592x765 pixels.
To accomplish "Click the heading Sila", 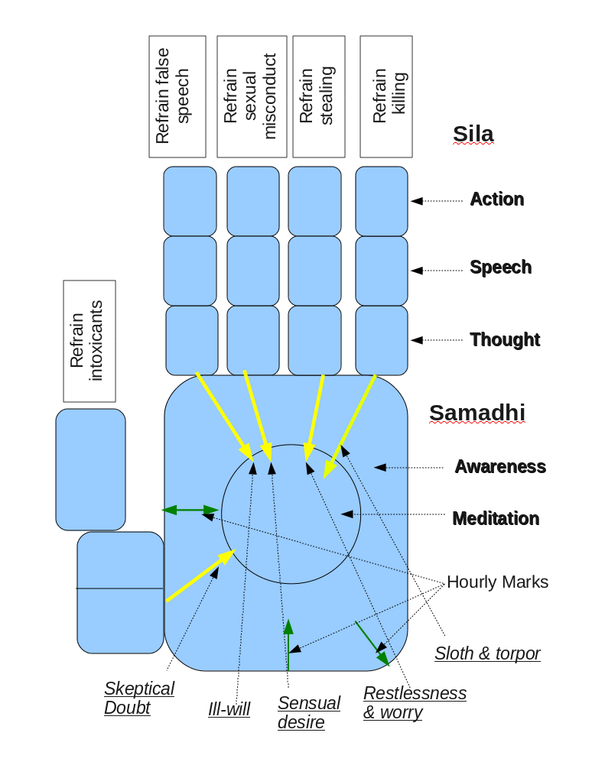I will click(x=473, y=135).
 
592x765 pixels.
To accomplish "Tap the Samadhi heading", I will click(x=477, y=413).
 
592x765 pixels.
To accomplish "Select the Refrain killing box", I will click(x=386, y=96).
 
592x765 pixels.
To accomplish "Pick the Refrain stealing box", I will click(x=316, y=96).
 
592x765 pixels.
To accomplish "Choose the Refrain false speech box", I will click(x=177, y=96).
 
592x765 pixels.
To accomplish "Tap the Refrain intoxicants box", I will click(x=89, y=341).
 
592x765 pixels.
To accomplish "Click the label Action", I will click(x=496, y=199).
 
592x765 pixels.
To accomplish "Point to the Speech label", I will click(x=500, y=267).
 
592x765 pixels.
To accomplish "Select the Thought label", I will click(x=505, y=339).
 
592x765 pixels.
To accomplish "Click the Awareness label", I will click(x=500, y=466).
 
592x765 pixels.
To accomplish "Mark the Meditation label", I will click(x=496, y=518).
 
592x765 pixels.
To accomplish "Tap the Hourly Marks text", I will click(x=497, y=582).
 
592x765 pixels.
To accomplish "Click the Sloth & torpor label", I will click(x=487, y=653).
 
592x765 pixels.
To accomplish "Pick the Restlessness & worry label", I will click(x=414, y=702).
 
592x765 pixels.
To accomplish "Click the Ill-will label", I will click(x=229, y=709).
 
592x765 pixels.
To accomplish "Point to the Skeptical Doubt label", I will click(x=139, y=698).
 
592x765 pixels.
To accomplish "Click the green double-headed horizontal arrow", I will click(x=190, y=509).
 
